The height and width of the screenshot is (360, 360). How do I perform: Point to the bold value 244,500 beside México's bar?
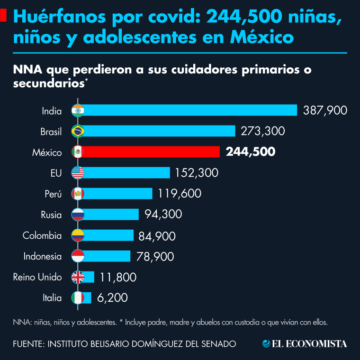pyautogui.click(x=251, y=152)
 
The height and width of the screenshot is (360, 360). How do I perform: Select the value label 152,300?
pyautogui.click(x=197, y=173)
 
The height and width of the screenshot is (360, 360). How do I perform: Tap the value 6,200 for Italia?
pyautogui.click(x=112, y=298)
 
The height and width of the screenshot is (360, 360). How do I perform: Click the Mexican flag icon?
pyautogui.click(x=77, y=152)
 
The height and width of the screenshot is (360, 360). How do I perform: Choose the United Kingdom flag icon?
pyautogui.click(x=77, y=277)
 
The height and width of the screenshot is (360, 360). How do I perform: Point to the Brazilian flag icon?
pyautogui.click(x=77, y=131)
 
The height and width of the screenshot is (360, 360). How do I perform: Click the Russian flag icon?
pyautogui.click(x=77, y=215)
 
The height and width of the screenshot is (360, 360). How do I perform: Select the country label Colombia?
pyautogui.click(x=42, y=235)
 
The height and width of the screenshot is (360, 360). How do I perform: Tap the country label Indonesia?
pyautogui.click(x=42, y=256)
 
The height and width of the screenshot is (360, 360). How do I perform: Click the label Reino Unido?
pyautogui.click(x=37, y=277)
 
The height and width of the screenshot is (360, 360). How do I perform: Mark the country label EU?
pyautogui.click(x=56, y=173)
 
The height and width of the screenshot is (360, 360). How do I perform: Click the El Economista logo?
pyautogui.click(x=305, y=343)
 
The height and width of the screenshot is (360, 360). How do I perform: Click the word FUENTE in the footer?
pyautogui.click(x=27, y=343)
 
